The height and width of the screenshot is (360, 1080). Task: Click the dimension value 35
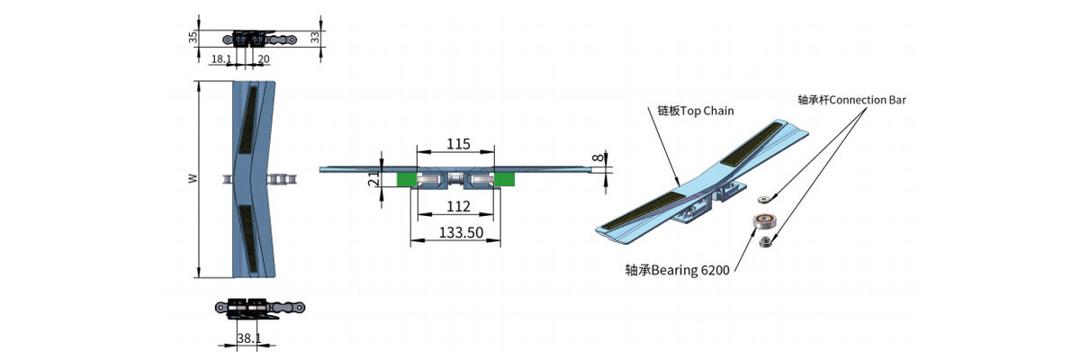(x=193, y=38)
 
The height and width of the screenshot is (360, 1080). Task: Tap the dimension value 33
(x=314, y=38)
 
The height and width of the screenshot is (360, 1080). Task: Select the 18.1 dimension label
(x=221, y=58)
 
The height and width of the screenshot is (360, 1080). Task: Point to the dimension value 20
(x=263, y=58)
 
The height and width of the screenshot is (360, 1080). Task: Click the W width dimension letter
(x=192, y=179)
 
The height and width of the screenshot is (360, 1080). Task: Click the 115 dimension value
(x=458, y=144)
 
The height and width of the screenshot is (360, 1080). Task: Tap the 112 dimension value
(x=458, y=208)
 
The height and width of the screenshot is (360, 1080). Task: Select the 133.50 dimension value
(x=459, y=232)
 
